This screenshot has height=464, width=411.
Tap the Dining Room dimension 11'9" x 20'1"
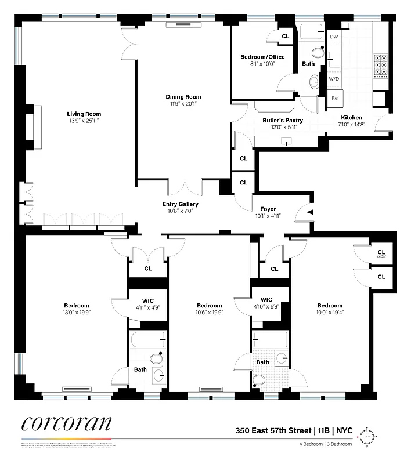pyautogui.click(x=183, y=104)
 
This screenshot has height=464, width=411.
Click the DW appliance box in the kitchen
pyautogui.click(x=334, y=37)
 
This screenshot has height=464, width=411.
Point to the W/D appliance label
pyautogui.click(x=334, y=78)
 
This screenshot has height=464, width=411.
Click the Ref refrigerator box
pyautogui.click(x=335, y=98)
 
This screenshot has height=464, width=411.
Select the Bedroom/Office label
pyautogui.click(x=262, y=57)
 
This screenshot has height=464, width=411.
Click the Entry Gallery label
pyautogui.click(x=180, y=204)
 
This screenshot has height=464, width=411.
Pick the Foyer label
pyautogui.click(x=268, y=209)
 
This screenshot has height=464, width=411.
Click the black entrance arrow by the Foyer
pyautogui.click(x=310, y=213)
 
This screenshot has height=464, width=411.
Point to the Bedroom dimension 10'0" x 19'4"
pyautogui.click(x=330, y=312)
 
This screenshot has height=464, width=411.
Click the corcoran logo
pyautogui.click(x=67, y=423)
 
